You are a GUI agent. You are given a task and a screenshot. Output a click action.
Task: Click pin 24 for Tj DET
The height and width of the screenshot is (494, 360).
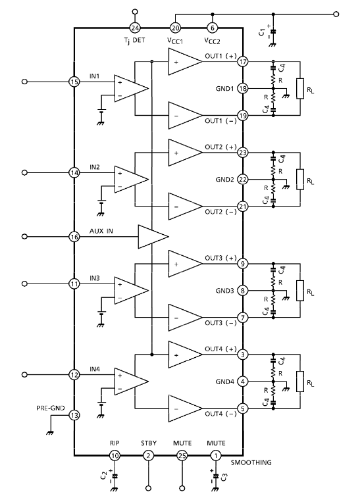point(135,28)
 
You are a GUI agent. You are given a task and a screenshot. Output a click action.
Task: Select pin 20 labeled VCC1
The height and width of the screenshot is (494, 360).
point(175,28)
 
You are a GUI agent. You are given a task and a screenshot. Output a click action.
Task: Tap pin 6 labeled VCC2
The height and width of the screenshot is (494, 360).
point(212,28)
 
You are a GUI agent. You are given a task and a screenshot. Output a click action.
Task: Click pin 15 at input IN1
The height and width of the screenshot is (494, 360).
point(74,82)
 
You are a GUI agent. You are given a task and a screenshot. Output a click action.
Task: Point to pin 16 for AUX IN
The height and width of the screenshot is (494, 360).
point(74,237)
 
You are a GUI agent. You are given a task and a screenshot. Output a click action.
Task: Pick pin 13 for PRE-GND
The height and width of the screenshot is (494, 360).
point(74,415)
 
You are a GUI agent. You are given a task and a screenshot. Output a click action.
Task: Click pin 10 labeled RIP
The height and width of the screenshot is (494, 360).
point(115,456)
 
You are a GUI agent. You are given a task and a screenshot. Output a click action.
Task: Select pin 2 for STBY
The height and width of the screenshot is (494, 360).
point(149,456)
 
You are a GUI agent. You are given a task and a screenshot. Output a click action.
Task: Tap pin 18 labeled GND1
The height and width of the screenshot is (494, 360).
point(242,88)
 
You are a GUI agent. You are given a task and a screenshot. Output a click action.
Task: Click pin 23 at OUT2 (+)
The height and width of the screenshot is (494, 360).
point(242,153)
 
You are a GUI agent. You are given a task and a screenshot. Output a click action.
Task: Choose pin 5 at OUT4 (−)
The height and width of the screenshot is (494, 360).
point(242,409)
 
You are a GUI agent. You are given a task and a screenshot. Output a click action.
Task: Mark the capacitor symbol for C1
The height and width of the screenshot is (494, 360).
point(273,32)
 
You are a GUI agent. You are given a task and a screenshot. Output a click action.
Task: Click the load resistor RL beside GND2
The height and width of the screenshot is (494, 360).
point(300,180)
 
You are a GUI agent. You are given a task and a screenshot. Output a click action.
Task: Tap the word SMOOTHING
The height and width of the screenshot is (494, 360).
point(251,462)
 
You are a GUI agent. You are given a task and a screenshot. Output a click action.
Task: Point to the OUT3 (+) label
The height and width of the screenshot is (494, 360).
point(220,258)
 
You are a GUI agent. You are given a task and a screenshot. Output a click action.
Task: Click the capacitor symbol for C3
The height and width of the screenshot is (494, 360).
point(216,476)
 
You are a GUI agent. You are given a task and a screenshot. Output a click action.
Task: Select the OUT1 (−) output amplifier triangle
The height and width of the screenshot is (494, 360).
point(185,115)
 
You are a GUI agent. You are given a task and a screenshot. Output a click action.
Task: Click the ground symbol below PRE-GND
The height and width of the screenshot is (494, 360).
point(50,433)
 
